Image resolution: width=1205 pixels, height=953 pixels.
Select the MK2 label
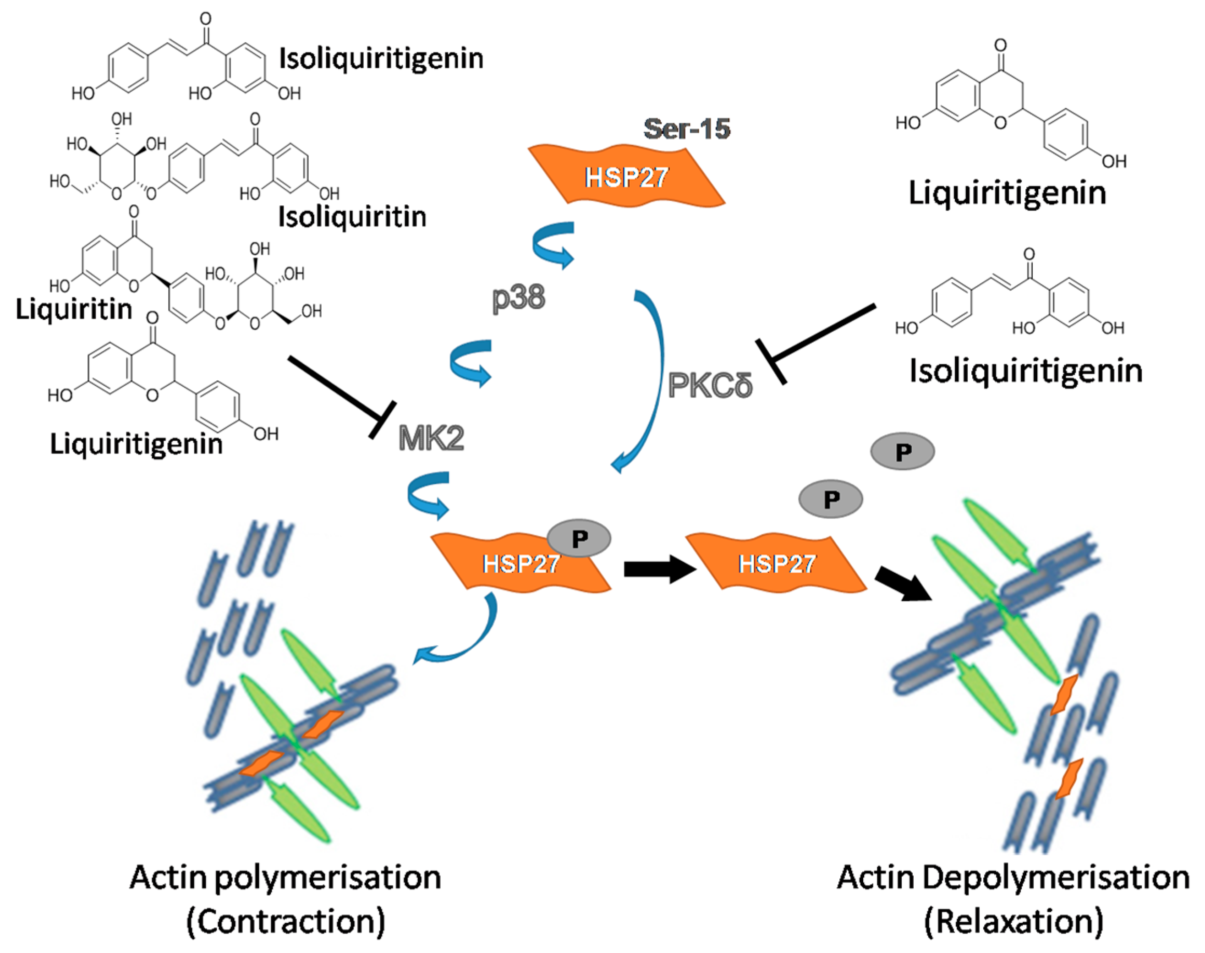coord(431,438)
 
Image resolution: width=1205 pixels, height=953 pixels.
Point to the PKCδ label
coord(710,385)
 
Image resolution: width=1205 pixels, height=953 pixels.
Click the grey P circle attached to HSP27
coord(579,538)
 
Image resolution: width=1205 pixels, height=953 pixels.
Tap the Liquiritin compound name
coord(74,308)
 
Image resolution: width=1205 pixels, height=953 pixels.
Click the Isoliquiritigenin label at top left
coord(381,59)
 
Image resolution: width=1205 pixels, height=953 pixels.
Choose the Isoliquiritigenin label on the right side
coord(1026,371)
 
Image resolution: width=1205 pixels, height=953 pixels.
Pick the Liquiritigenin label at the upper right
coord(1007,193)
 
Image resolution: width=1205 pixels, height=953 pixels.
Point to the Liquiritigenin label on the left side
coord(136,444)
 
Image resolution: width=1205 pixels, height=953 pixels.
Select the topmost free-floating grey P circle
coord(902,451)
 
